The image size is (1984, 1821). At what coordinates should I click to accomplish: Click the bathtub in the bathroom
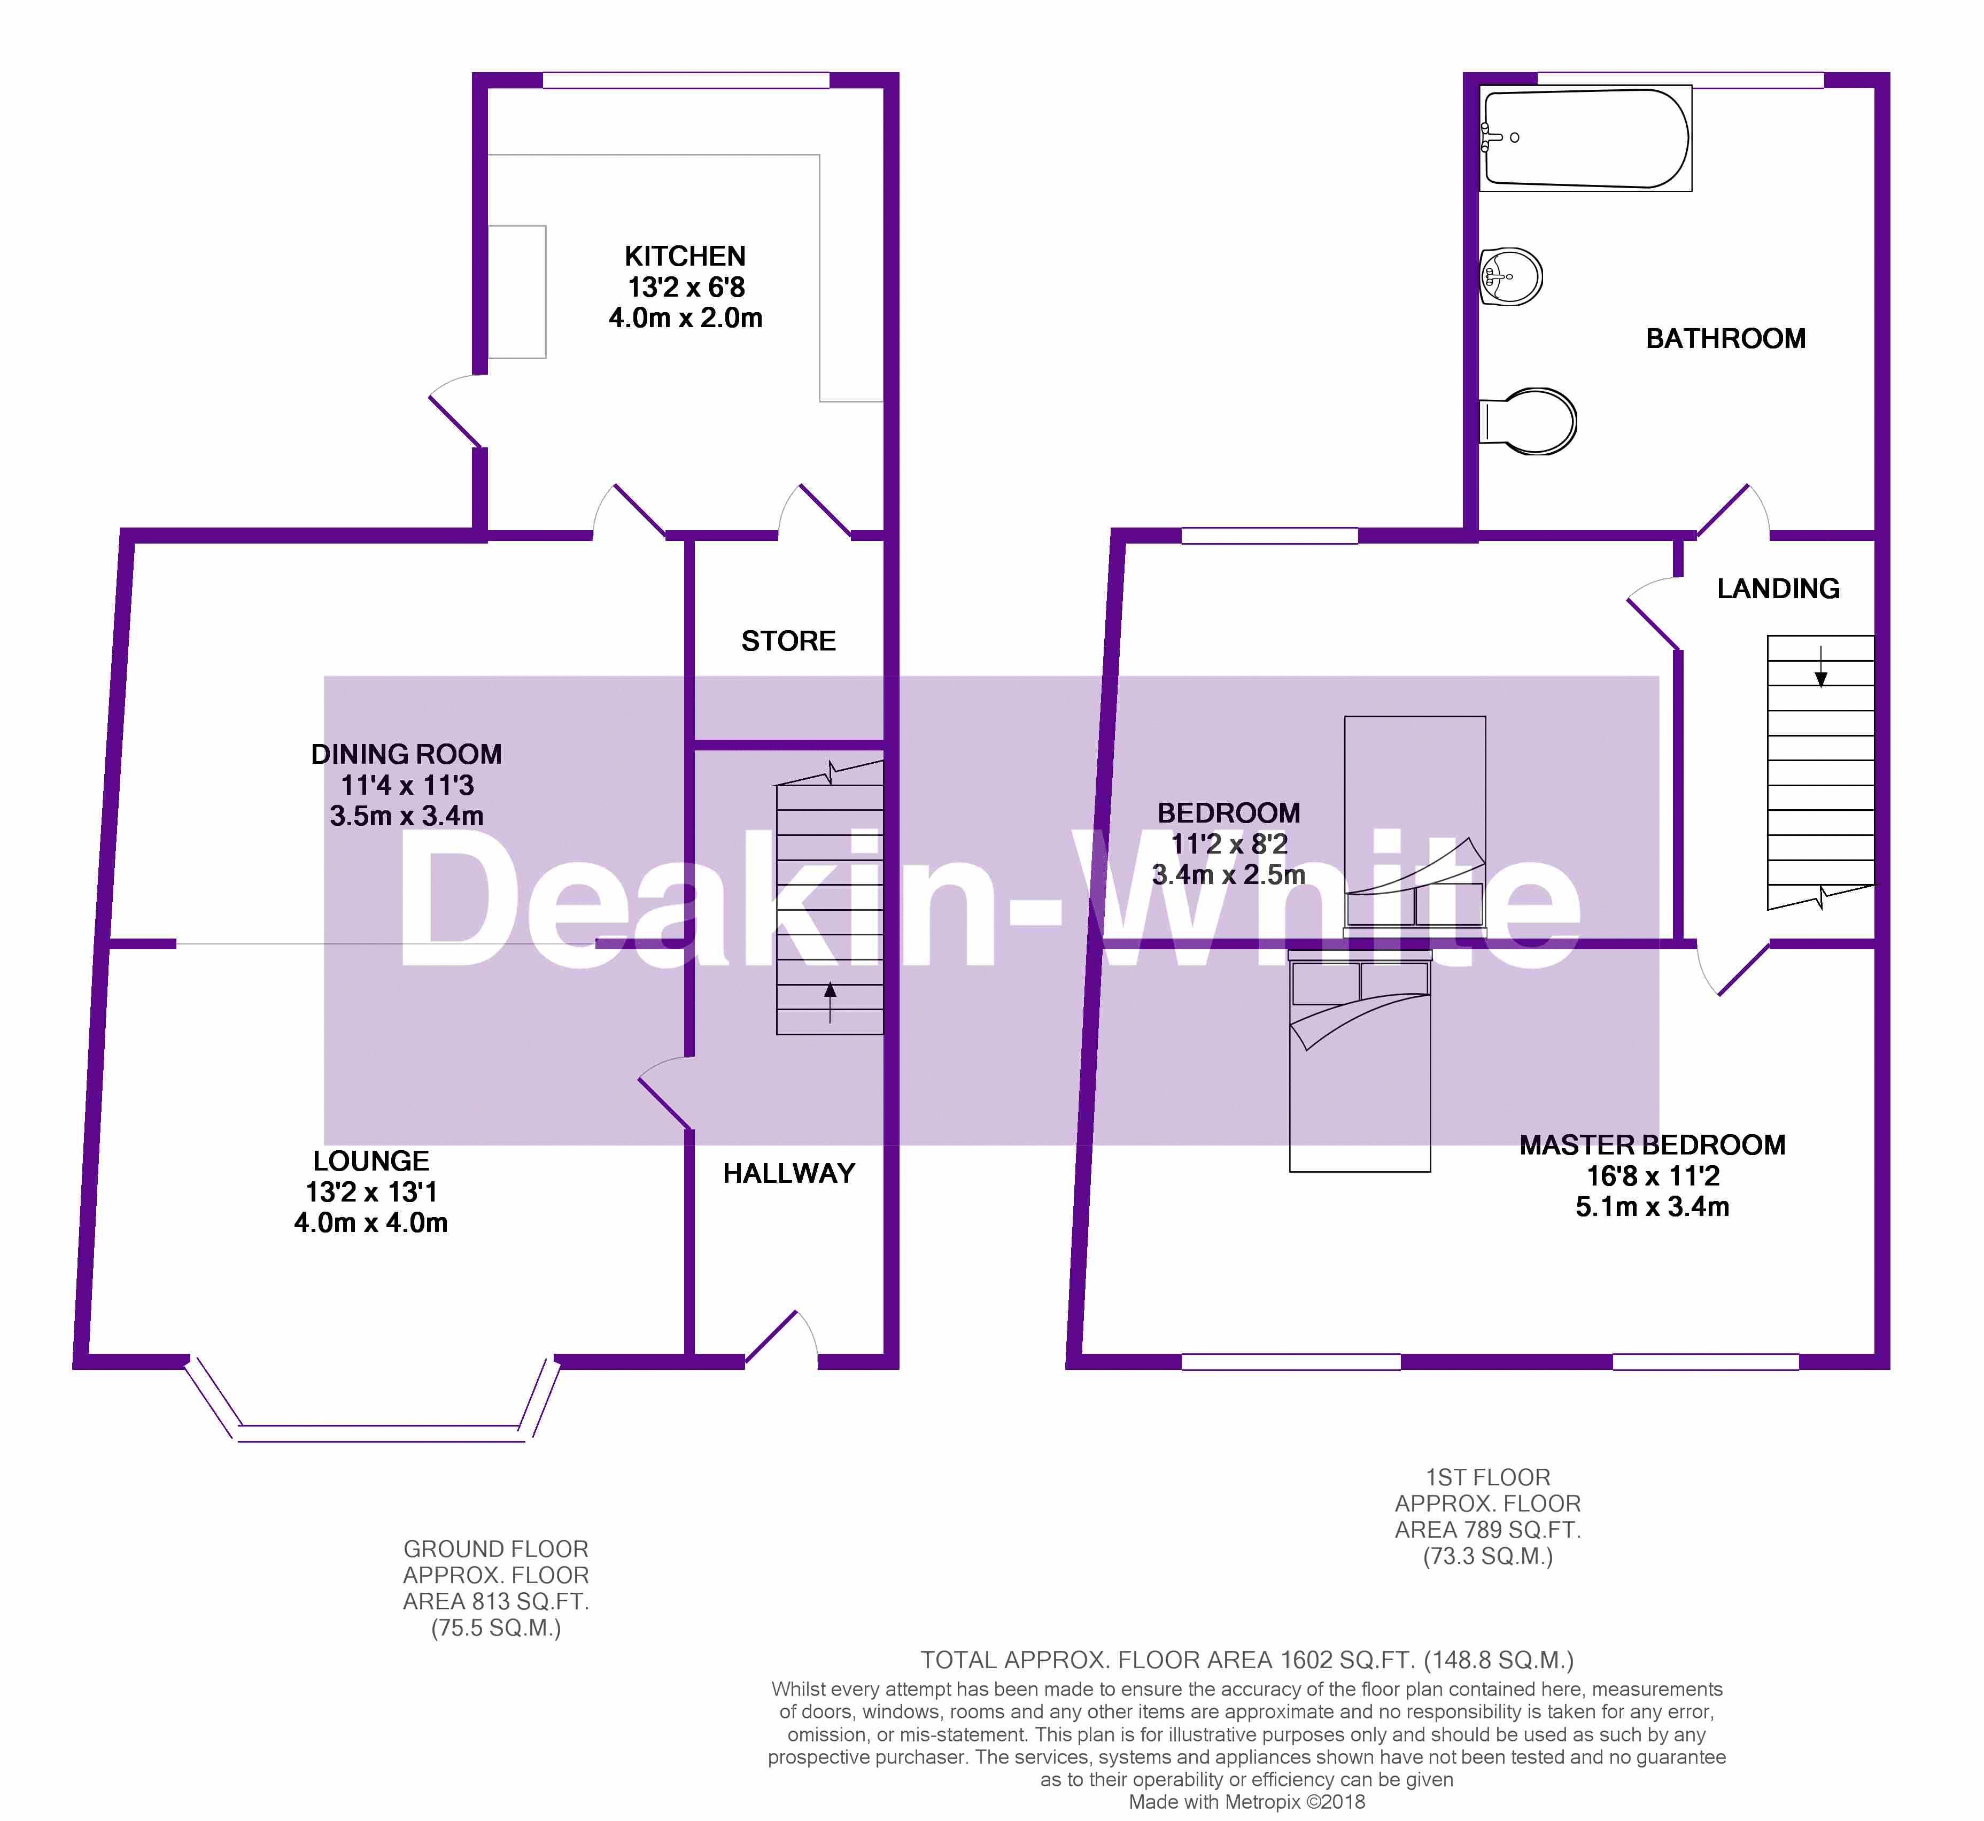click(x=1586, y=138)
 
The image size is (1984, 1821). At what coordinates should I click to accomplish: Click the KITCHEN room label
click(x=685, y=256)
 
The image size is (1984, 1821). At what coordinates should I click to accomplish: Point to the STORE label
click(x=788, y=641)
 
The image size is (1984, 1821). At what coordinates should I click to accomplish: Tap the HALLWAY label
click(x=788, y=1174)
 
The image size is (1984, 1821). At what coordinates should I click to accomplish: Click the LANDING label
click(x=1778, y=588)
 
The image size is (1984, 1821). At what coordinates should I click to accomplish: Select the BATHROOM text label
click(x=1726, y=339)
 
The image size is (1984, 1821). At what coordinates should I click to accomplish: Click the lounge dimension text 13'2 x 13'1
click(x=371, y=1192)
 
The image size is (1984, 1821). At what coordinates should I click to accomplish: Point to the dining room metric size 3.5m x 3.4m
click(x=407, y=816)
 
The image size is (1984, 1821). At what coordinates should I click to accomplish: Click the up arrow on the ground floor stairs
click(x=830, y=1002)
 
